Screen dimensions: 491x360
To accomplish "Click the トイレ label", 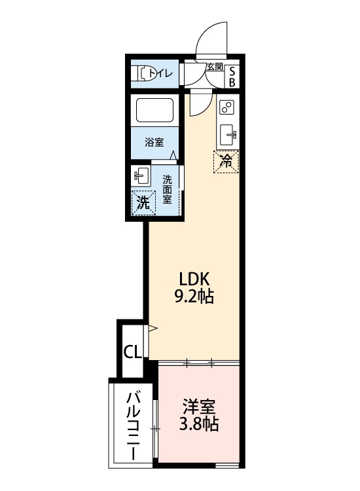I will (x=160, y=73).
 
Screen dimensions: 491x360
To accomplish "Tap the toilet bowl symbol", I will (x=140, y=73).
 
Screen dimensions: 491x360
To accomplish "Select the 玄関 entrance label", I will (x=215, y=67).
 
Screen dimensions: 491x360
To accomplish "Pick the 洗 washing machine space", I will (x=143, y=202).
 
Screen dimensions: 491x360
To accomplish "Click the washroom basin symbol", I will (x=141, y=176).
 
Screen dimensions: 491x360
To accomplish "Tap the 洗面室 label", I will (x=168, y=190).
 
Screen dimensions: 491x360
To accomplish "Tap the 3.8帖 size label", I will (x=199, y=424).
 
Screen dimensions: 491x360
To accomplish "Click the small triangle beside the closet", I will (x=152, y=329).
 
